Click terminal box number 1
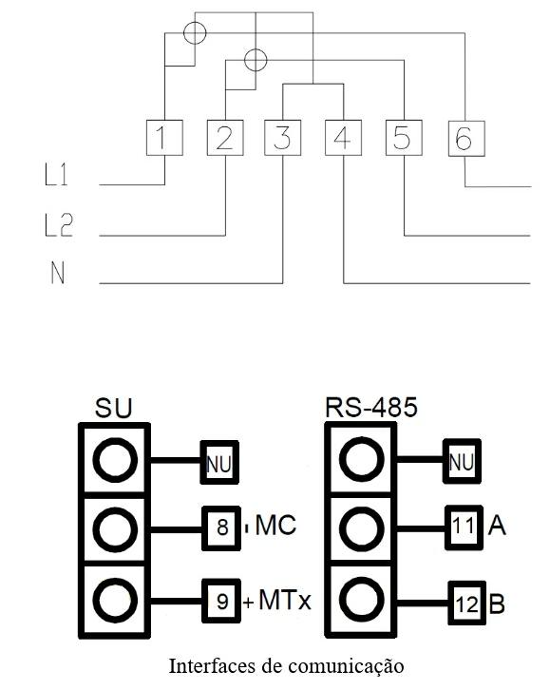(164, 137)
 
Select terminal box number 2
(225, 137)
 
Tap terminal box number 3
(283, 137)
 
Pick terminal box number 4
(343, 137)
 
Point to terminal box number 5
(404, 137)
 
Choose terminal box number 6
(466, 139)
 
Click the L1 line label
(56, 174)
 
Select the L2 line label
(59, 225)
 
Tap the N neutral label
(58, 273)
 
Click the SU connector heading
(113, 408)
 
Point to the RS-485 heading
(371, 407)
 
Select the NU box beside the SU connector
(219, 462)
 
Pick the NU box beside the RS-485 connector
(462, 461)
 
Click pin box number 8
(221, 528)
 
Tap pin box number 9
(221, 601)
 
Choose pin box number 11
(464, 527)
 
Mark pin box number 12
(467, 603)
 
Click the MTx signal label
(285, 600)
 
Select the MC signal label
(276, 525)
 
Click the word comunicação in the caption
(346, 667)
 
